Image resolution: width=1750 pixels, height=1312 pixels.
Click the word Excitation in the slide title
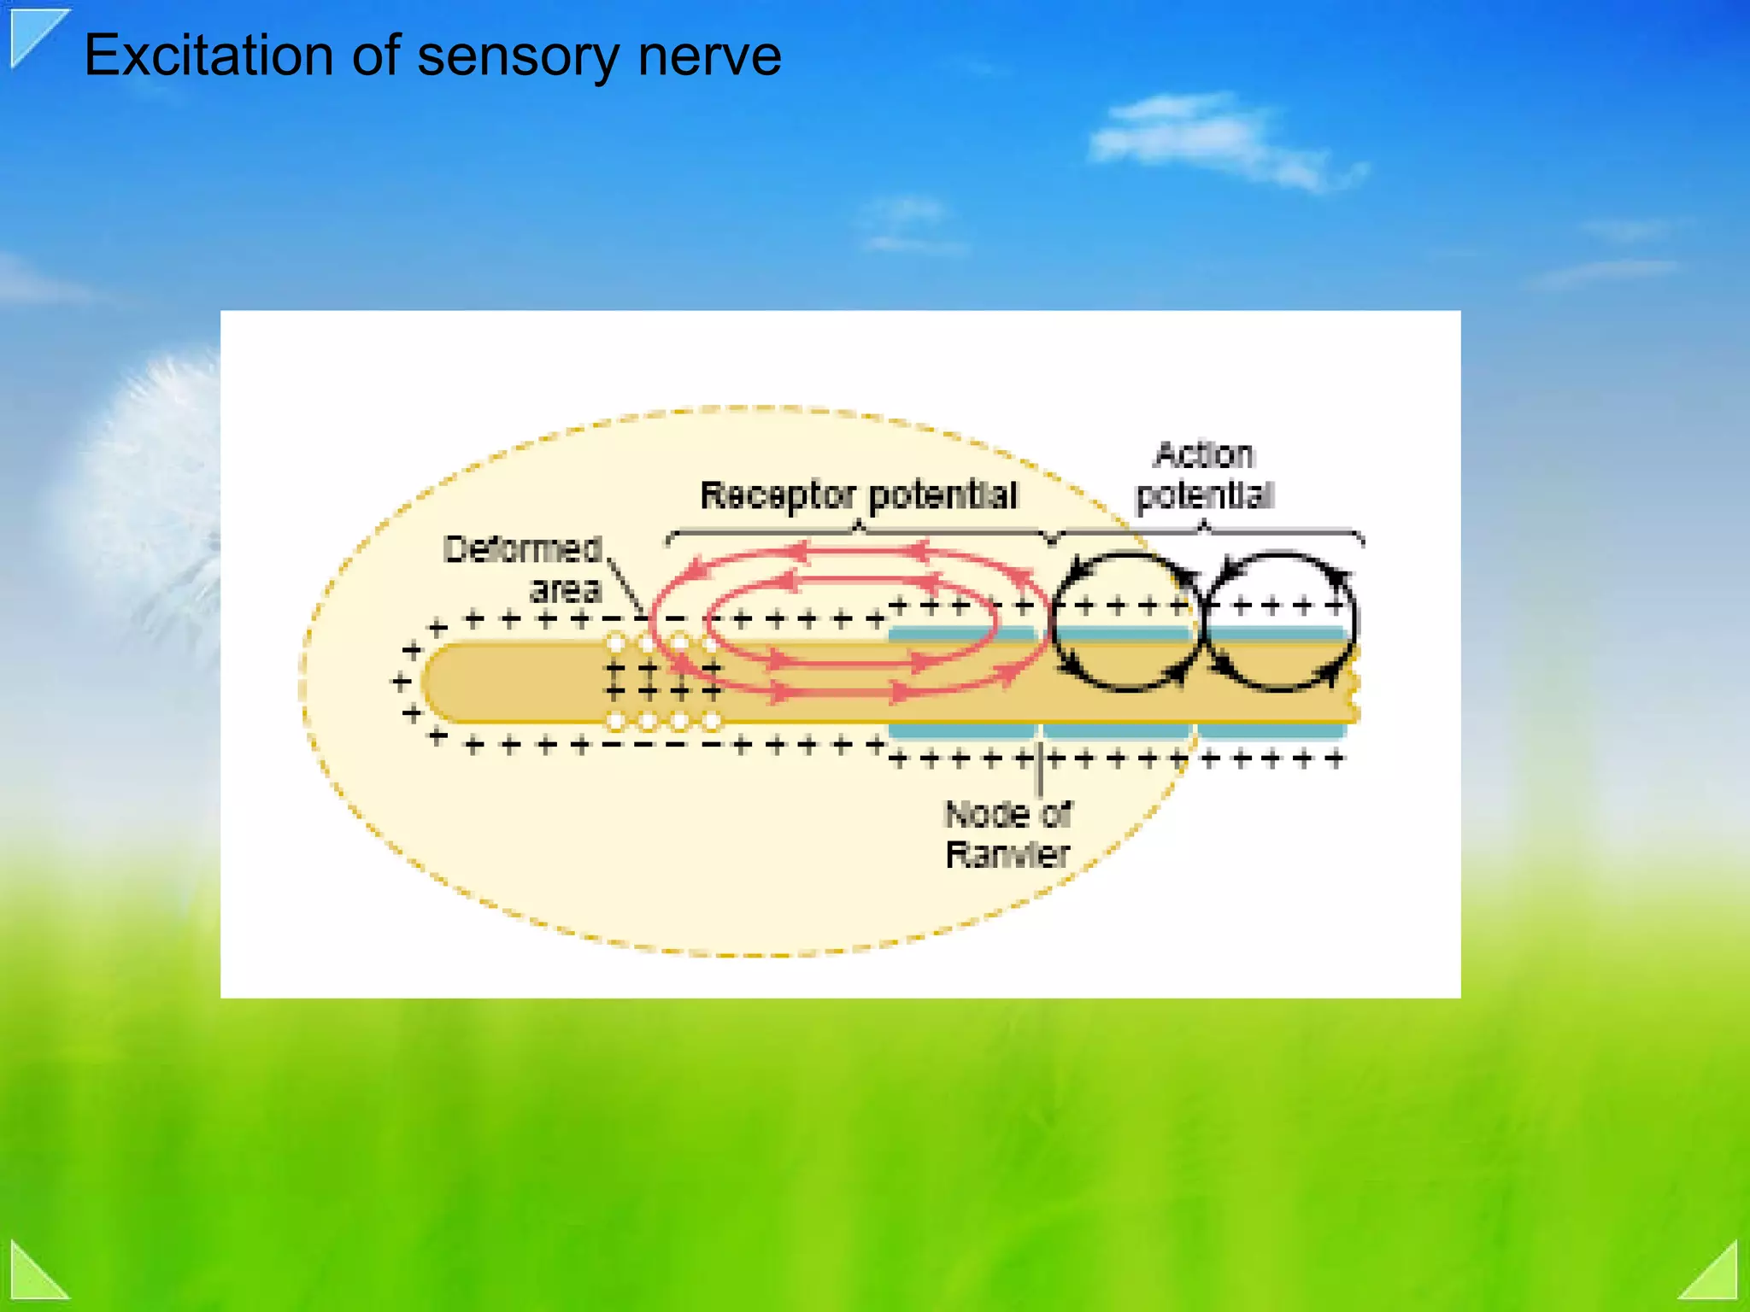[x=208, y=56]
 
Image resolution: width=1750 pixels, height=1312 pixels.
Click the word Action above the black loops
[x=1204, y=455]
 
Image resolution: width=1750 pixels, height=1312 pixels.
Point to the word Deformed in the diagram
[x=522, y=549]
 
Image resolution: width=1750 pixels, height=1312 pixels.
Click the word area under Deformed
[x=566, y=589]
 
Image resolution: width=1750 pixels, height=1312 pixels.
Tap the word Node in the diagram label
[x=985, y=815]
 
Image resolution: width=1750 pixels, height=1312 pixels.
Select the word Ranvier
[x=1007, y=854]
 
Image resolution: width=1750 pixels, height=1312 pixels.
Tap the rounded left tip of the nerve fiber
[x=436, y=683]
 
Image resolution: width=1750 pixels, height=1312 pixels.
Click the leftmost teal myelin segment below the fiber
[x=961, y=732]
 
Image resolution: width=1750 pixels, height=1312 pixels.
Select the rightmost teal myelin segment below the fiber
[x=1271, y=732]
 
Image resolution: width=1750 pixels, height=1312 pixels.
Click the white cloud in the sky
[x=1213, y=137]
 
